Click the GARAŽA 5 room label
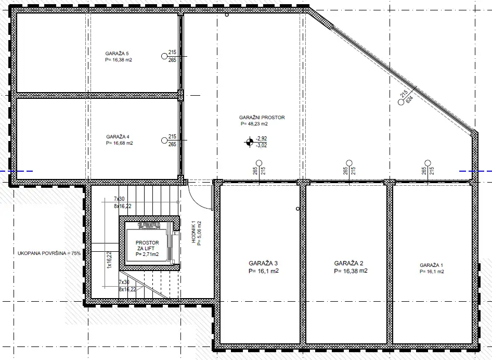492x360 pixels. coord(116,53)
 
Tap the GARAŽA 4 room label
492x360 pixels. coord(118,137)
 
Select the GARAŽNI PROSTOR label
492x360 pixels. coord(262,118)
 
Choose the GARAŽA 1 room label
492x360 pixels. coord(432,265)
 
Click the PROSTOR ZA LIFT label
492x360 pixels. coord(147,246)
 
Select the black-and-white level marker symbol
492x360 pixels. coord(250,141)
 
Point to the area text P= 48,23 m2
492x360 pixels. coord(254,124)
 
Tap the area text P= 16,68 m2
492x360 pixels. coord(119,143)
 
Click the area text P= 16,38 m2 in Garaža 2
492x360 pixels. coord(351,271)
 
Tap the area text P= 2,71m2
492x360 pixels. coord(147,254)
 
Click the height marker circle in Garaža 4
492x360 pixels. coord(164,139)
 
